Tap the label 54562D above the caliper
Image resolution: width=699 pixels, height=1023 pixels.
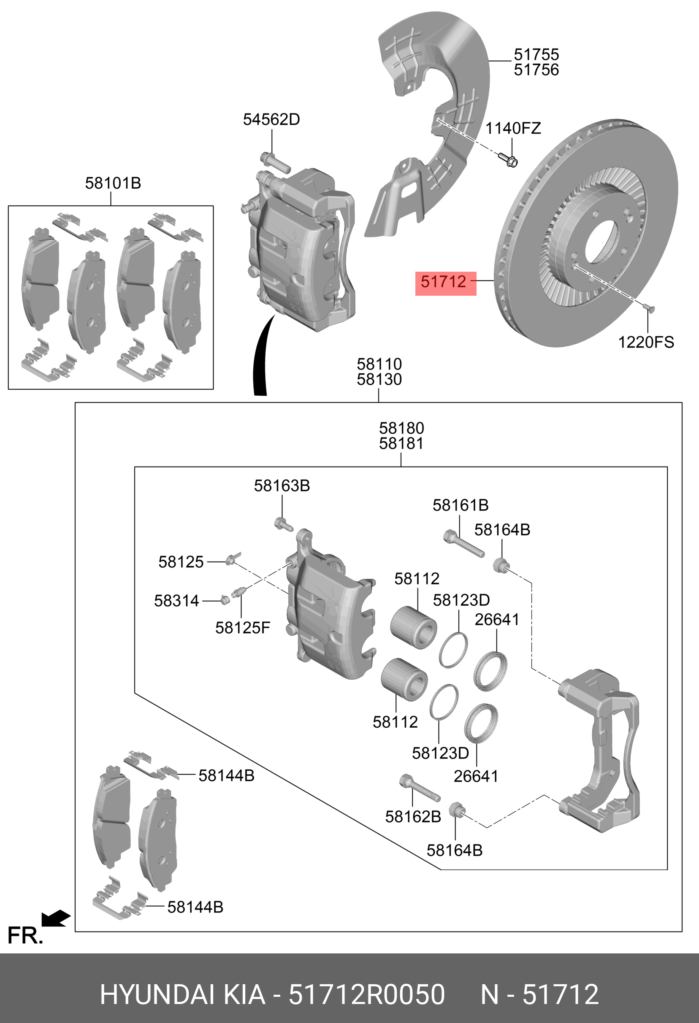271,120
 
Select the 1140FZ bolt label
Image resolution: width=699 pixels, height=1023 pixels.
513,129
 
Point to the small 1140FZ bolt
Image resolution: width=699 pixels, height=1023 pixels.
508,160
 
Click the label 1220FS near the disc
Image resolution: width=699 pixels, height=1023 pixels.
646,343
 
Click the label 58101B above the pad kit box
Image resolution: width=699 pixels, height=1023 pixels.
113,183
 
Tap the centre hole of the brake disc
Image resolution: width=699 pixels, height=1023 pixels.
601,242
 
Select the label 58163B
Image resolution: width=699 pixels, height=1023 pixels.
282,486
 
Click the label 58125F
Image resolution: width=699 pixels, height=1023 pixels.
242,628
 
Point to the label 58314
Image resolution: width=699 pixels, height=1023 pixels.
176,601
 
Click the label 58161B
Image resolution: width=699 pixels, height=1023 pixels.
460,505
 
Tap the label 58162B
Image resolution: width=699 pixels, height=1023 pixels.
413,817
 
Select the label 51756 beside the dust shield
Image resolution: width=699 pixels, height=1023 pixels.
536,70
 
